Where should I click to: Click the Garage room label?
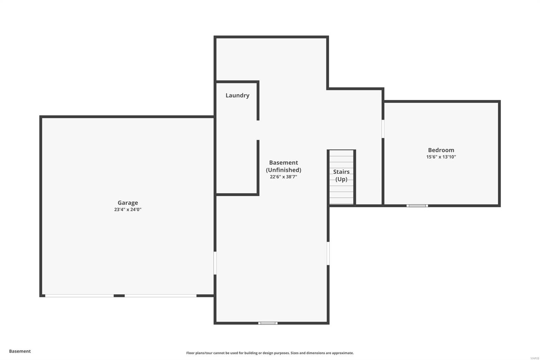[x=128, y=203]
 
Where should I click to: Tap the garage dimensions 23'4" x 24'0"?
[x=128, y=210]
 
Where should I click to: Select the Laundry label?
[x=237, y=95]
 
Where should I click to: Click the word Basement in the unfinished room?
[x=283, y=162]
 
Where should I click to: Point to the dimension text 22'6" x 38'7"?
[x=283, y=177]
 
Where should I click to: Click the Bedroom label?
[x=441, y=150]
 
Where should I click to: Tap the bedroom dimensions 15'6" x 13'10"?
[x=441, y=157]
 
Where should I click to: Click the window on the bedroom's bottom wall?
[x=417, y=205]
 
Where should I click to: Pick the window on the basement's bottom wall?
[x=268, y=323]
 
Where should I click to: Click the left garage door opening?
[x=80, y=296]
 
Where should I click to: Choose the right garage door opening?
[x=160, y=296]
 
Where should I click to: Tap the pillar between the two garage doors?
[x=119, y=296]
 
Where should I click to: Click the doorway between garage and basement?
[x=215, y=263]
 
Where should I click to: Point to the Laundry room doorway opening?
[x=258, y=130]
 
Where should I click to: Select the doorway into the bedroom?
[x=383, y=129]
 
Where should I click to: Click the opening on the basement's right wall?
[x=328, y=253]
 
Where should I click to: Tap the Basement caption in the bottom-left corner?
[x=20, y=351]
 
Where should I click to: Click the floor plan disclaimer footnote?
[x=270, y=353]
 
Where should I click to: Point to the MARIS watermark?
[x=535, y=358]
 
